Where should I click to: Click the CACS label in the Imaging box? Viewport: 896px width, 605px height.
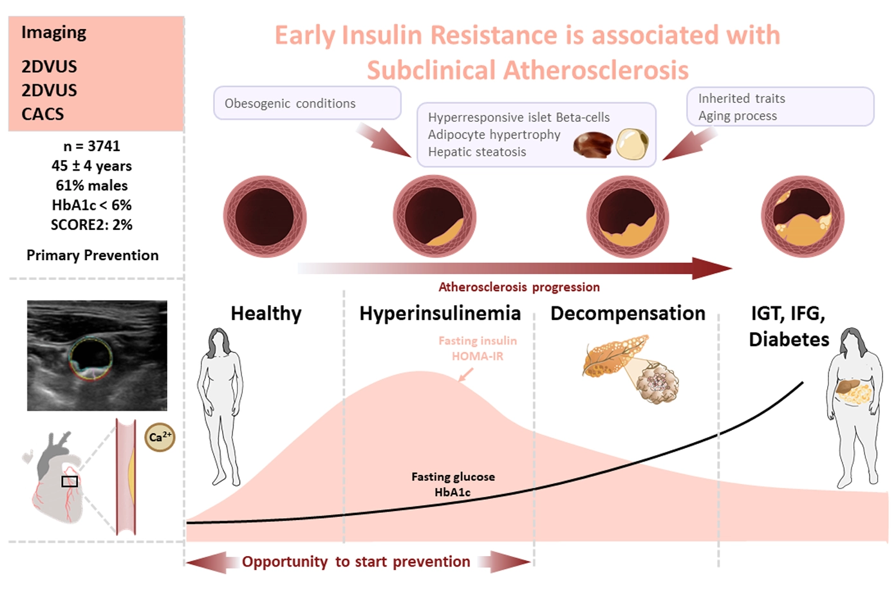[x=42, y=115]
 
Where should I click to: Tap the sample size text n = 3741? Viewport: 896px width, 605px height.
[x=91, y=146]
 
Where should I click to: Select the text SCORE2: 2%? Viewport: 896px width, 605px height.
[x=91, y=225]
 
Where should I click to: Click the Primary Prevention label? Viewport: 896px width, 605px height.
[x=93, y=255]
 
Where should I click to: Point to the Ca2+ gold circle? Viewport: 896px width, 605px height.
[x=160, y=437]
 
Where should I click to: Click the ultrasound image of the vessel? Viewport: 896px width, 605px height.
[x=97, y=355]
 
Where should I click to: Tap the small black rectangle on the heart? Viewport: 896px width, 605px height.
[x=70, y=481]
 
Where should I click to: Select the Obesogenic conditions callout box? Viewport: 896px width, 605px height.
[x=307, y=103]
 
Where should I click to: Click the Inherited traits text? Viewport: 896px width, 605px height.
[x=742, y=98]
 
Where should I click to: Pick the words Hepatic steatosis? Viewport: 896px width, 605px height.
[x=477, y=152]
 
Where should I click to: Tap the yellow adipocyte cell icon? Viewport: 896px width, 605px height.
[x=632, y=144]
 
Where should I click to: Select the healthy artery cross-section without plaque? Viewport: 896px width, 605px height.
[x=265, y=217]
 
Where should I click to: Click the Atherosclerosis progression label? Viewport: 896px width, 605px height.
[x=519, y=287]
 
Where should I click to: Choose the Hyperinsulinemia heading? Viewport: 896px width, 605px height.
[x=440, y=313]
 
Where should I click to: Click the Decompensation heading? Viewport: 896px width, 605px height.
[x=628, y=313]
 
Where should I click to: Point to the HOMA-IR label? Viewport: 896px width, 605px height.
[x=478, y=357]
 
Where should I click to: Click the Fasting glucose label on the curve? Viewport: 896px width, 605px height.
[x=453, y=477]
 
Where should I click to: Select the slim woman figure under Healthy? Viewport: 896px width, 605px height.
[x=220, y=407]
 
